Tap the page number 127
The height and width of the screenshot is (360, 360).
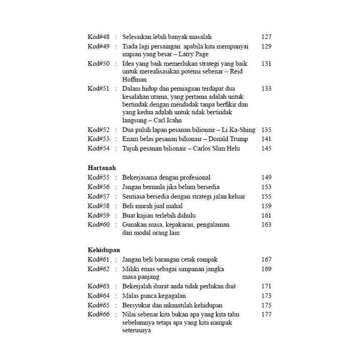click(266, 37)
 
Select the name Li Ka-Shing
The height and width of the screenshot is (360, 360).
click(239, 130)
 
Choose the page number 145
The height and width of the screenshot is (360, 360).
click(266, 149)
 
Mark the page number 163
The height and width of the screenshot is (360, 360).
click(266, 224)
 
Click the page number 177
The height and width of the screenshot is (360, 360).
click(266, 314)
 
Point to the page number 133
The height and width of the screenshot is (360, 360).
click(266, 88)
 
